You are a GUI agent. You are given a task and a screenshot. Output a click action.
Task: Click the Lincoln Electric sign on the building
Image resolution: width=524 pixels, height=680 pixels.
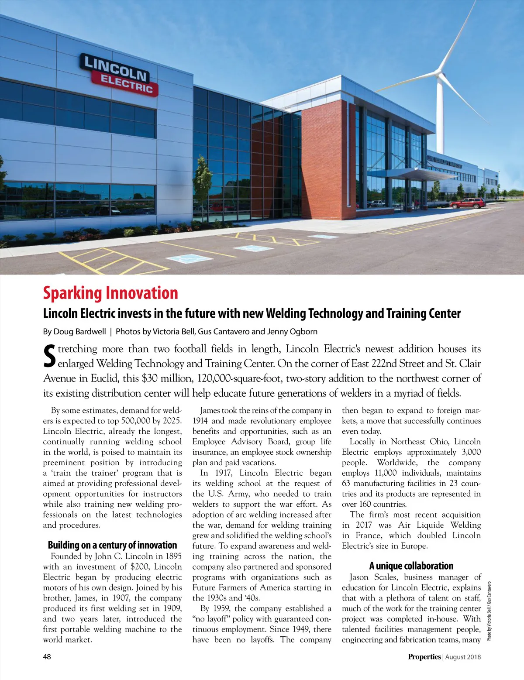point(118,75)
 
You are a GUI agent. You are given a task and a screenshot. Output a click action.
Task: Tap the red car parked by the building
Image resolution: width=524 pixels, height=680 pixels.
point(468,203)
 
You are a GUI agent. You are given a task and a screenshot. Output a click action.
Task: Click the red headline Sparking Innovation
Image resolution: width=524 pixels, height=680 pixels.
point(110,293)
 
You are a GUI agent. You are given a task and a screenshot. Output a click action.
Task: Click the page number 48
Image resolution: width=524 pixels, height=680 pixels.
point(47,656)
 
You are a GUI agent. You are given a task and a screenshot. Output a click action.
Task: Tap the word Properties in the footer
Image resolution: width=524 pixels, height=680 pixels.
point(424,656)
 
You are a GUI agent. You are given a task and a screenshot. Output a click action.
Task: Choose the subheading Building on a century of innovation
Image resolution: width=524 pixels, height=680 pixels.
point(112,545)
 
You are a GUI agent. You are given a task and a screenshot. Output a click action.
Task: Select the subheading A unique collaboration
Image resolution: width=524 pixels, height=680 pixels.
point(411,566)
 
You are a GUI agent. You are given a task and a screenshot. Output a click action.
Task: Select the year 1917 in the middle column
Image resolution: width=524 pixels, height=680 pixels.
point(223,473)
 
